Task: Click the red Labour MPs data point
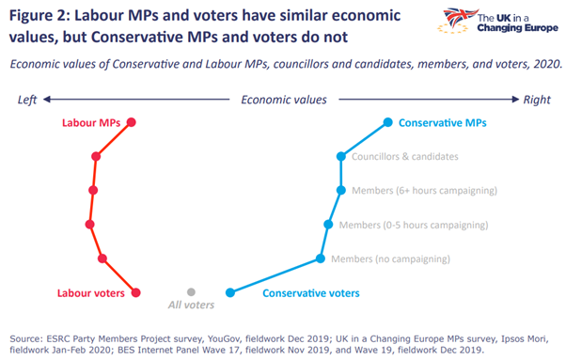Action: pyautogui.click(x=132, y=122)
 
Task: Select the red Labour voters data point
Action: pyautogui.click(x=136, y=292)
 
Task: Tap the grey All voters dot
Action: pyautogui.click(x=191, y=292)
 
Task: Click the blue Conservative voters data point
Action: pyautogui.click(x=229, y=292)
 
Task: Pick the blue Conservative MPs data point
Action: pyautogui.click(x=387, y=122)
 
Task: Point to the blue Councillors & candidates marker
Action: pyautogui.click(x=342, y=156)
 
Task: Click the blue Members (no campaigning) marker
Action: pyautogui.click(x=321, y=258)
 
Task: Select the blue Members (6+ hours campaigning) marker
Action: pyautogui.click(x=342, y=190)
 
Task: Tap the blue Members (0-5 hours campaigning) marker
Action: pyautogui.click(x=328, y=225)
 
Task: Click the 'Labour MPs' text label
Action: pyautogui.click(x=91, y=123)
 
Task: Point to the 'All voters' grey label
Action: pyautogui.click(x=191, y=305)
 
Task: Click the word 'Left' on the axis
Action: pyautogui.click(x=26, y=99)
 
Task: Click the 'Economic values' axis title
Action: pyautogui.click(x=284, y=99)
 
